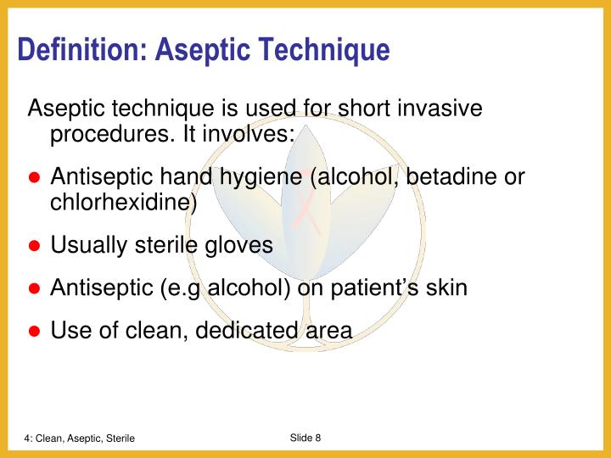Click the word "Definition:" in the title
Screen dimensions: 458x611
pyautogui.click(x=83, y=50)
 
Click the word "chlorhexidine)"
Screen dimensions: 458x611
pyautogui.click(x=124, y=203)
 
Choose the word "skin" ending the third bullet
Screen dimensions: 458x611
pyautogui.click(x=446, y=288)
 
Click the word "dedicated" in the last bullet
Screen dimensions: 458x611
pyautogui.click(x=248, y=330)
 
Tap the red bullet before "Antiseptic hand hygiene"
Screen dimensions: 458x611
pyautogui.click(x=35, y=178)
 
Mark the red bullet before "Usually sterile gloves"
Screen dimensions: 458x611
pyautogui.click(x=35, y=246)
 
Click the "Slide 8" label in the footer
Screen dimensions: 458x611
pyautogui.click(x=305, y=437)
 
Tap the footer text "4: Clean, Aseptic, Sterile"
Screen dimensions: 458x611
pyautogui.click(x=79, y=438)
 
